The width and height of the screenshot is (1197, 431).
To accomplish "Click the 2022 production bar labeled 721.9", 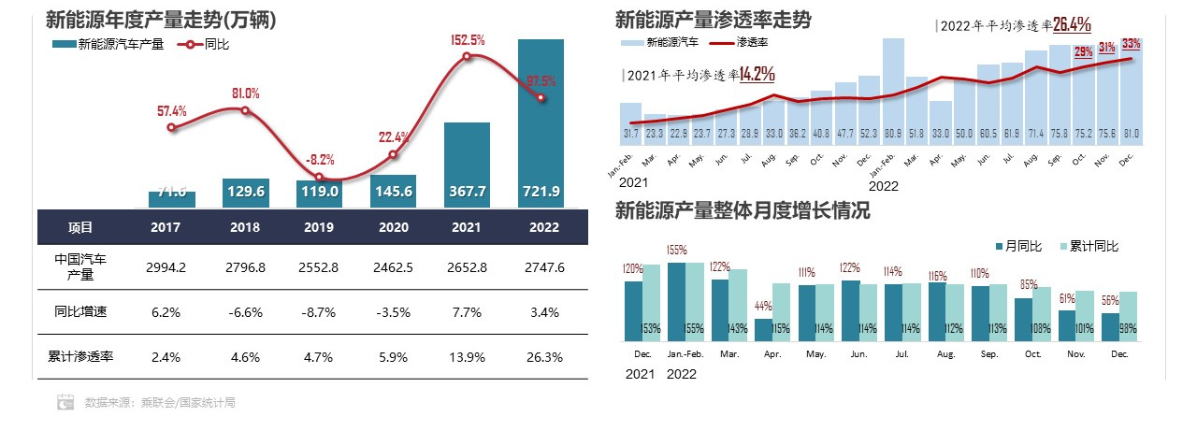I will coord(541,122).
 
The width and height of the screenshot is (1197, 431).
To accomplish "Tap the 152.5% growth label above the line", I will coord(468,40).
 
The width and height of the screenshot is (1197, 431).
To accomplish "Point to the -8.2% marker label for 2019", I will coord(319,159).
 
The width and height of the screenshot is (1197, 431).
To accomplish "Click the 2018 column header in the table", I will coord(245,227).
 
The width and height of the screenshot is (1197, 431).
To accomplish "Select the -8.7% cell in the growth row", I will coord(320,311).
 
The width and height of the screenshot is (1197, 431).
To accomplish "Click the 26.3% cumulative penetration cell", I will coord(541,356).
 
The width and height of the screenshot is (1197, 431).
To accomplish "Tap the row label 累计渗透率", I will coord(80,356).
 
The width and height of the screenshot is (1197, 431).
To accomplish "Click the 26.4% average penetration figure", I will coord(1072,24).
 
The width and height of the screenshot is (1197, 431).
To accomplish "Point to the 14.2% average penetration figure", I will coord(756,74).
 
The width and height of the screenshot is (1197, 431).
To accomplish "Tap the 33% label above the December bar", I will coord(1131,43).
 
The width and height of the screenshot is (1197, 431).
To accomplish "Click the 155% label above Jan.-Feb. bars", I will coord(677,250).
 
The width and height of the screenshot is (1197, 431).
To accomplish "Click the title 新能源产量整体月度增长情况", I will coord(743,211).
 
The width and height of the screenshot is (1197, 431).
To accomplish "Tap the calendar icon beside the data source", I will coord(65,402).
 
